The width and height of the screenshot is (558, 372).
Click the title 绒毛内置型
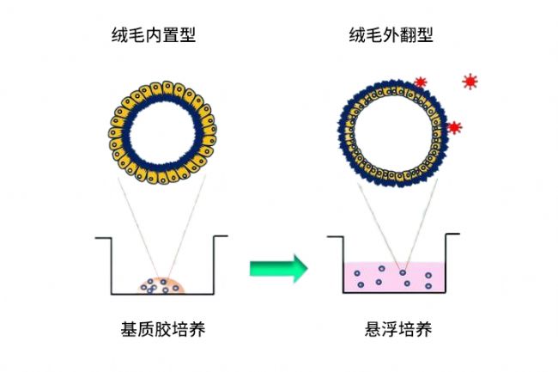pos(154,35)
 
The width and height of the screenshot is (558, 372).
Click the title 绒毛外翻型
pos(391,35)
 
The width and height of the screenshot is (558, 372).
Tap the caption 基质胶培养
pos(163,329)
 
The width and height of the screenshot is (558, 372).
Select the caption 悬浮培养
pos(398,329)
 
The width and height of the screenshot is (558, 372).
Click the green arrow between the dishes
pos(278,268)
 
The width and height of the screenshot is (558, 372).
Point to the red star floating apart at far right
pos(470,82)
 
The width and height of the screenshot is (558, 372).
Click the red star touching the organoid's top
pos(421,82)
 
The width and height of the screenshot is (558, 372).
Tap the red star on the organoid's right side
pos(454,127)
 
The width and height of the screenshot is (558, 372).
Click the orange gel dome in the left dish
pos(162,285)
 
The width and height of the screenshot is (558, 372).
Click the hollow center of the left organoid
pos(162,133)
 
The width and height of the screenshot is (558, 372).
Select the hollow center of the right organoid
pos(391,134)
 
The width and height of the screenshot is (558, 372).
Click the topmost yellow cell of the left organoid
pos(167,88)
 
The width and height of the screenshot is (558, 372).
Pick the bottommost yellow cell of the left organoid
pos(163,177)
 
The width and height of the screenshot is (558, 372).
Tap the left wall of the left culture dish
pos(111,265)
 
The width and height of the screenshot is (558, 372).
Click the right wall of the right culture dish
pos(446,264)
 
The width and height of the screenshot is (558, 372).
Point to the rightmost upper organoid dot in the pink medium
pos(428,275)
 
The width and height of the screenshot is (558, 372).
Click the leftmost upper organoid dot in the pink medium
pos(357,273)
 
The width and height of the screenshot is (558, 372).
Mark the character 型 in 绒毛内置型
pos(187,35)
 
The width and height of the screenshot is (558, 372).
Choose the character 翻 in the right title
pos(408,35)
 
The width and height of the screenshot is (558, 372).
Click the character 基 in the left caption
pos(129,329)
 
